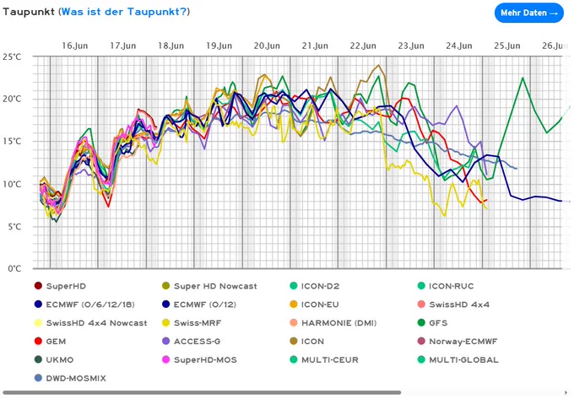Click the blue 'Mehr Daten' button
pos(529,13)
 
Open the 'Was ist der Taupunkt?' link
pos(124,12)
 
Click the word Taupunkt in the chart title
pos(29,12)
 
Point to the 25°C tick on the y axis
pos(12,57)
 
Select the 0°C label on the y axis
pos(14,269)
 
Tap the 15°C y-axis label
pos(12,142)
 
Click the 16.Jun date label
pos(74,46)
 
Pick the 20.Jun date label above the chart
pos(267,46)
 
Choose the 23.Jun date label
pos(411,46)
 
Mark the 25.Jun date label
pos(507,46)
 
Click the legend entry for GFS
pos(433,323)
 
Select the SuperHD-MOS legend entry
pos(199,360)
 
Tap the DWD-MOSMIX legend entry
pos(70,378)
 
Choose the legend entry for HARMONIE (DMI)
pos(333,323)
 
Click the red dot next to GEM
pos(38,341)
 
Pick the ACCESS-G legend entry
pos(191,341)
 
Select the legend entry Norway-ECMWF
pos(458,341)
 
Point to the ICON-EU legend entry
pos(315,305)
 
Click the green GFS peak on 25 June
pos(523,78)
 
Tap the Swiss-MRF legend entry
pos(192,323)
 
